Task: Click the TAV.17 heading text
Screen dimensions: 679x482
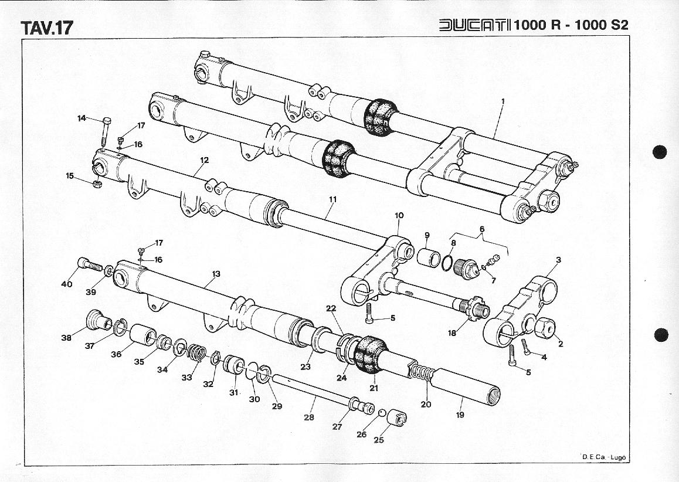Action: pyautogui.click(x=47, y=28)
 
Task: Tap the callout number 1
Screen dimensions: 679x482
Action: pyautogui.click(x=503, y=101)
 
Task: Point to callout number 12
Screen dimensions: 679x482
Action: pyautogui.click(x=205, y=160)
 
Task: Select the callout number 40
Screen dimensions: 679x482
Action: pyautogui.click(x=67, y=284)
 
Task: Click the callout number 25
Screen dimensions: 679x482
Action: pyautogui.click(x=379, y=440)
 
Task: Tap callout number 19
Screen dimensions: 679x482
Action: pyautogui.click(x=460, y=415)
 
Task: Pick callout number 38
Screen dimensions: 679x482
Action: pyautogui.click(x=66, y=337)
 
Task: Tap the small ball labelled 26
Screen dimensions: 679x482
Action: pyautogui.click(x=382, y=413)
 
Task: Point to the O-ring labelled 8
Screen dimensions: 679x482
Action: pyautogui.click(x=448, y=263)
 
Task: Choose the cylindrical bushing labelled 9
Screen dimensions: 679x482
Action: pyautogui.click(x=428, y=257)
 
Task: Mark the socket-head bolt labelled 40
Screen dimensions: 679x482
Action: pyautogui.click(x=90, y=264)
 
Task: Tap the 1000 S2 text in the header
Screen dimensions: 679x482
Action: pyautogui.click(x=602, y=25)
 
